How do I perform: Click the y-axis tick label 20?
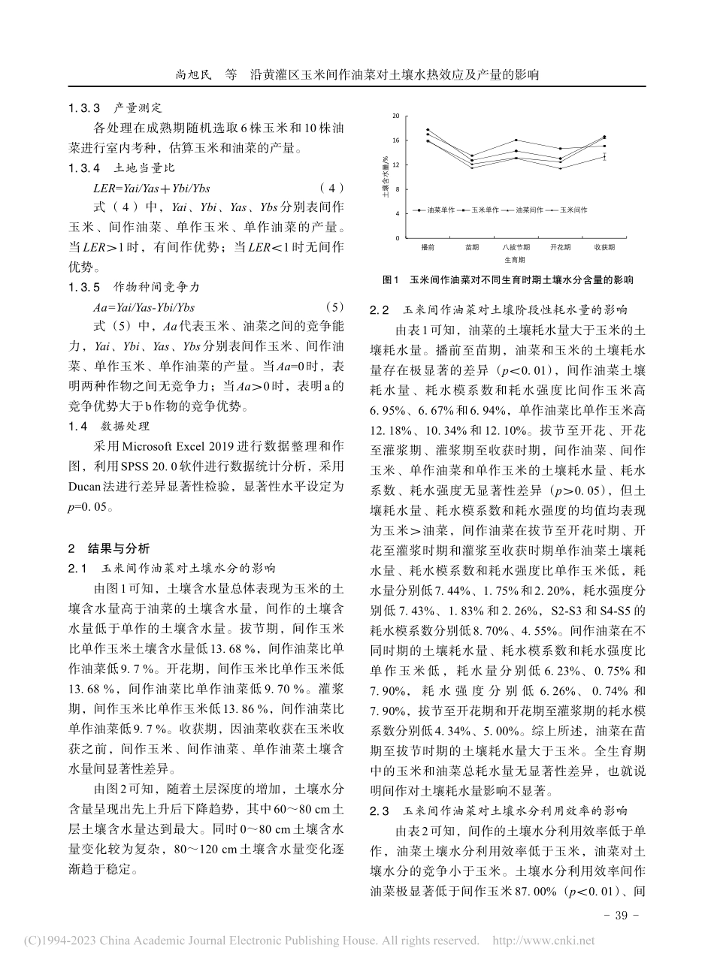[x=395, y=116]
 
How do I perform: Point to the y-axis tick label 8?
[x=397, y=189]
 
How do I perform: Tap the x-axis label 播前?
[x=428, y=246]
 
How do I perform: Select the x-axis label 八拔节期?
[x=516, y=246]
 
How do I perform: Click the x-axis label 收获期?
[x=604, y=246]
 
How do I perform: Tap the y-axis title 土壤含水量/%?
[x=385, y=177]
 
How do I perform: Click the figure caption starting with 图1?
[x=507, y=279]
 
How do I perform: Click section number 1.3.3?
[x=84, y=108]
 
